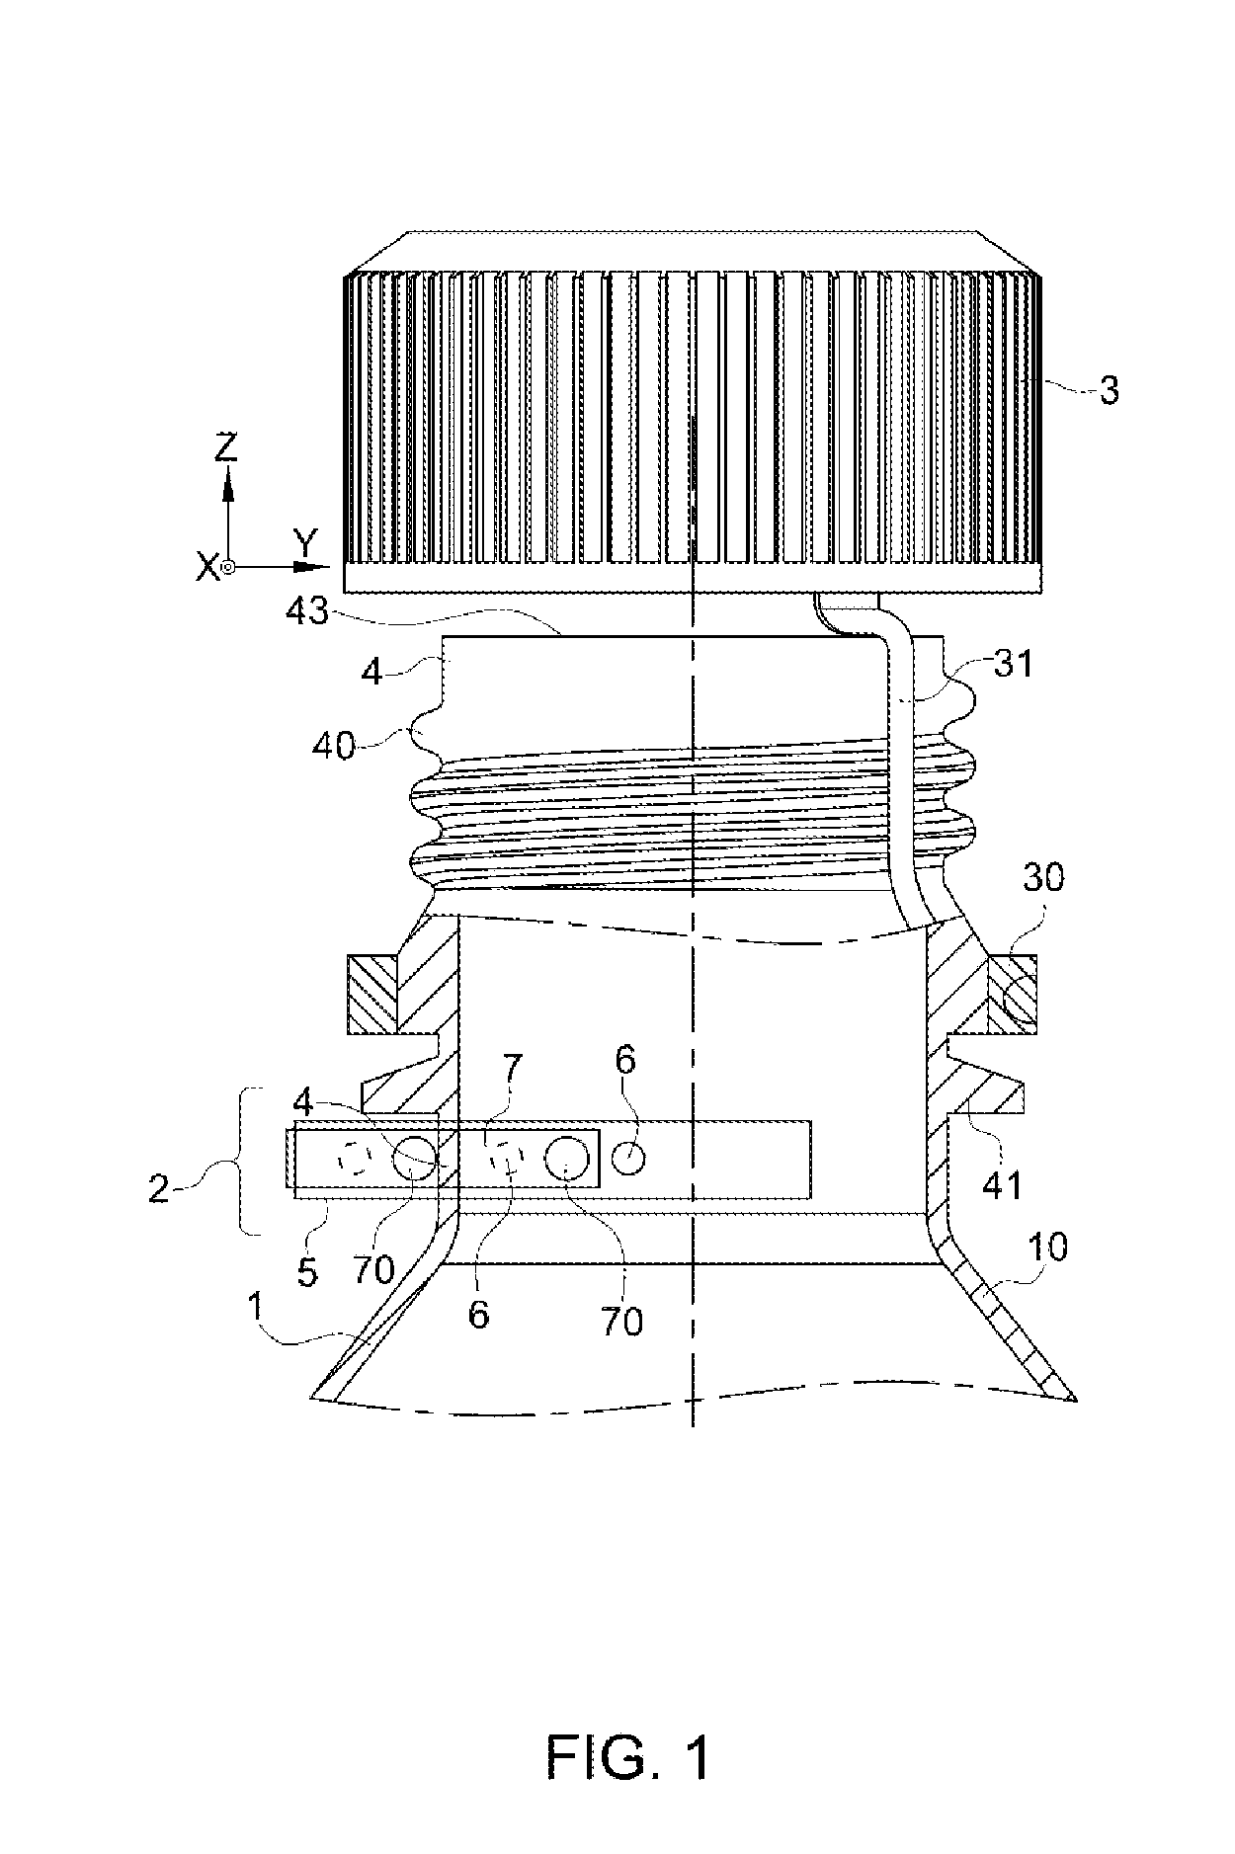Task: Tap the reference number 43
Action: click(x=306, y=610)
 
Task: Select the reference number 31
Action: click(x=1014, y=663)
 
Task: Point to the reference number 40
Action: click(x=333, y=746)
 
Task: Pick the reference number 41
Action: click(x=1001, y=1182)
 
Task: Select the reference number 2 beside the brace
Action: click(x=159, y=1187)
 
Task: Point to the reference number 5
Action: click(x=307, y=1272)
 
